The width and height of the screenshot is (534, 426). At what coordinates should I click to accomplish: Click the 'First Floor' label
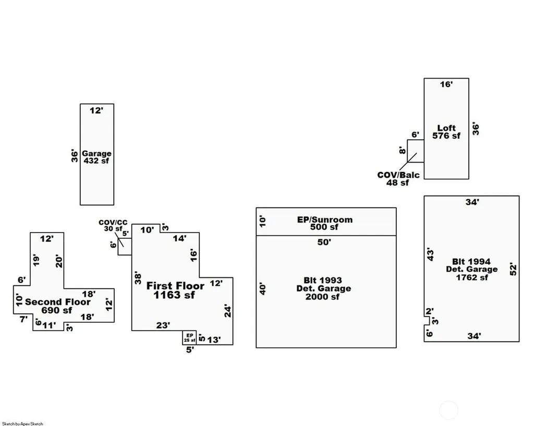coord(175,286)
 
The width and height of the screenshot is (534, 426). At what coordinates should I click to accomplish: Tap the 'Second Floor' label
coord(58,302)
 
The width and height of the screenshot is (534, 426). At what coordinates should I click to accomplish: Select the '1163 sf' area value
coord(174,295)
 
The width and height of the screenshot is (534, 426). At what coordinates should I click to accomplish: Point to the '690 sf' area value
coord(57,310)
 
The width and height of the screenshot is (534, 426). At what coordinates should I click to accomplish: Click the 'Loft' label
coord(446,128)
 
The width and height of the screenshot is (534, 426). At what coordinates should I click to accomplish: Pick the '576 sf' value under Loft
coord(446,136)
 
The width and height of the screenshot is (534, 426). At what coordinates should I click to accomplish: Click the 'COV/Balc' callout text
coord(398,175)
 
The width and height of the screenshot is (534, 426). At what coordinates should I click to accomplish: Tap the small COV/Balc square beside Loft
coord(416,151)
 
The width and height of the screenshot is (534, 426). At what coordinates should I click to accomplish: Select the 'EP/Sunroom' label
coord(325,220)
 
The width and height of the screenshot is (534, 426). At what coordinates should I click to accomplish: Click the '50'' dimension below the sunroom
coord(324,242)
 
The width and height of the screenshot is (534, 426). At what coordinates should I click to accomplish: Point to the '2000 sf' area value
coord(322,297)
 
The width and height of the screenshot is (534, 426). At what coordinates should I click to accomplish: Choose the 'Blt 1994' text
coord(471,262)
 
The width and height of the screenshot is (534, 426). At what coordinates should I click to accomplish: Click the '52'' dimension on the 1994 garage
coord(513,269)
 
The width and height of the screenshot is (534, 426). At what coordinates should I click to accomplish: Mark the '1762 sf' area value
coord(472,277)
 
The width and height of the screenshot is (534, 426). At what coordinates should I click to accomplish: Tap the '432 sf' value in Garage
coord(96,161)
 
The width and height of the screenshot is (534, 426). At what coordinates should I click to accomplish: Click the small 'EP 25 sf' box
coord(189,337)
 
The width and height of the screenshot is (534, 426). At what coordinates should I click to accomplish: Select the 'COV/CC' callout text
coord(113,222)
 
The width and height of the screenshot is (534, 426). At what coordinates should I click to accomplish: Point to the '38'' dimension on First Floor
coord(138,278)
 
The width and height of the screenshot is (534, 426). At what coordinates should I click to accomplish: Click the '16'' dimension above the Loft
coord(446,84)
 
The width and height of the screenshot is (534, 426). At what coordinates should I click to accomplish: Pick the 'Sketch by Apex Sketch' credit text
coord(22,423)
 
